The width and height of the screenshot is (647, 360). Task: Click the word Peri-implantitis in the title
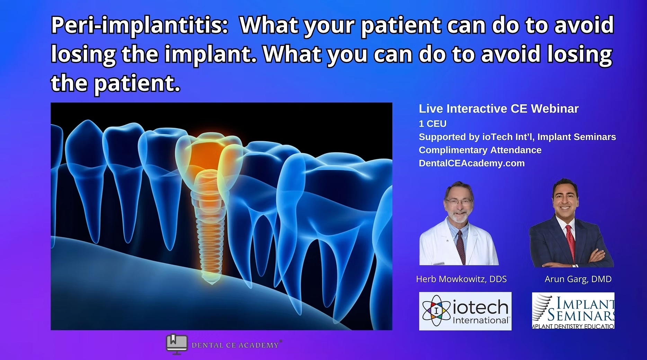pyautogui.click(x=139, y=26)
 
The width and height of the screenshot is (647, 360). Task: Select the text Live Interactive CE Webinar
pyautogui.click(x=499, y=109)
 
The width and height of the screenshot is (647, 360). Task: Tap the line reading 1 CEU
pyautogui.click(x=433, y=124)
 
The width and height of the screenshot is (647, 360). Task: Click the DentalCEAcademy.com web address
pyautogui.click(x=472, y=163)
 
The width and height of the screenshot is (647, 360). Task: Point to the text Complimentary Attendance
pyautogui.click(x=480, y=150)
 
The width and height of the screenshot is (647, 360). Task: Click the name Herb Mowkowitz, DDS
pyautogui.click(x=461, y=279)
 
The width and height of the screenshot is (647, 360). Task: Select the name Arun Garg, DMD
pyautogui.click(x=578, y=279)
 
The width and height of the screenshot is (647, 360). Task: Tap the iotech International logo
pyautogui.click(x=465, y=311)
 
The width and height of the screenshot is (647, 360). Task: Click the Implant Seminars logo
pyautogui.click(x=573, y=310)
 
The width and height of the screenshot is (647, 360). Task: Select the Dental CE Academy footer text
pyautogui.click(x=235, y=345)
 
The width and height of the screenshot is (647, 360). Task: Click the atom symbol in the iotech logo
pyautogui.click(x=436, y=310)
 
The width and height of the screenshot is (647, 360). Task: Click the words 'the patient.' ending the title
pyautogui.click(x=116, y=83)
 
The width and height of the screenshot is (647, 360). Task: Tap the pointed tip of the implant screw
pyautogui.click(x=212, y=283)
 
